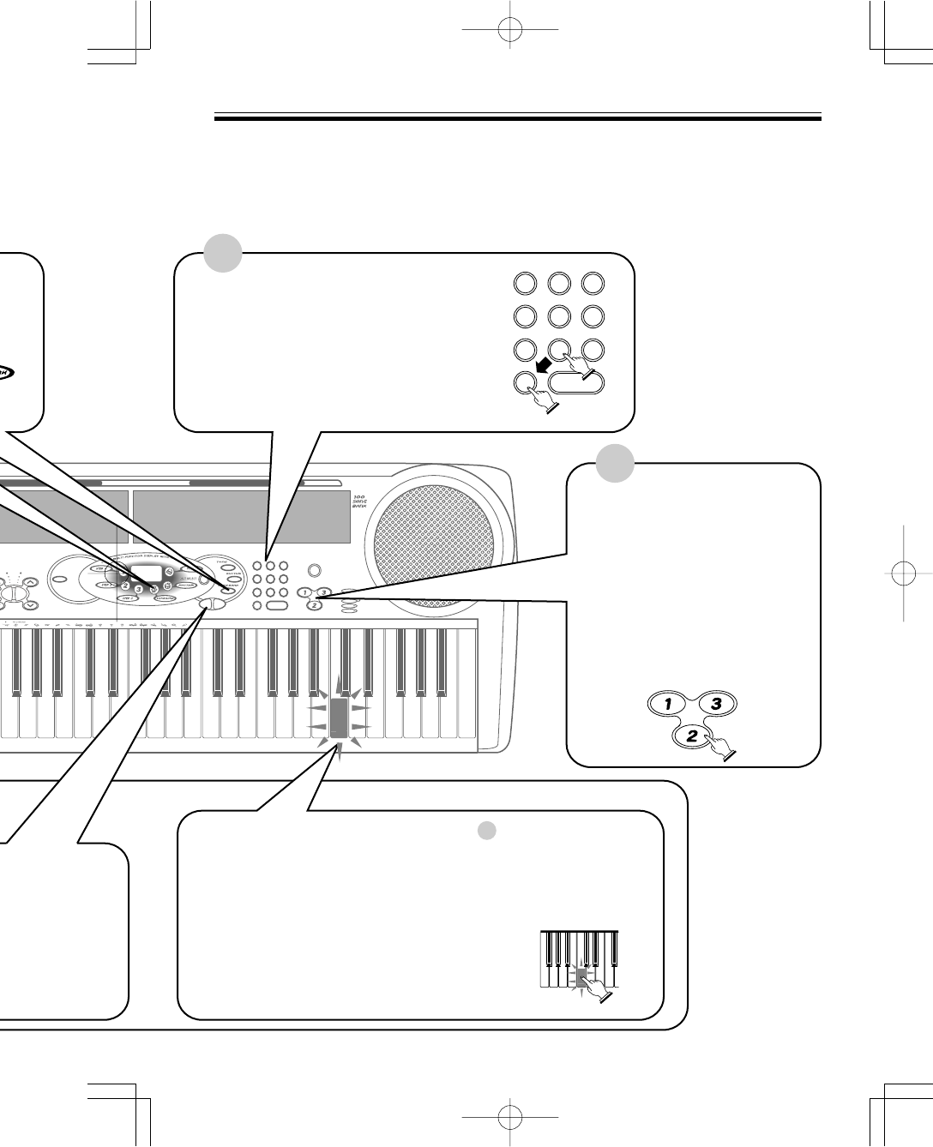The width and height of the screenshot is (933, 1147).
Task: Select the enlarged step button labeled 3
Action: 719,704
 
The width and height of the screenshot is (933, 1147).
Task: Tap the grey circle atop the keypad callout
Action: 223,254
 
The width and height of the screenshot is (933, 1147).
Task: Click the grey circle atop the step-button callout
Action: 615,464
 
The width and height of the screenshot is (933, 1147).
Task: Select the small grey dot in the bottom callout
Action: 486,830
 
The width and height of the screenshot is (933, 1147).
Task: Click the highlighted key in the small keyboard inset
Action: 581,979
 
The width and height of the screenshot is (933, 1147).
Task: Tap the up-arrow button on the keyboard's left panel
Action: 30,582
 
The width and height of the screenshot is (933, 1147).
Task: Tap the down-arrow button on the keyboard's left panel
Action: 30,604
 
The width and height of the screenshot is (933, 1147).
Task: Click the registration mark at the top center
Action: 509,29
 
